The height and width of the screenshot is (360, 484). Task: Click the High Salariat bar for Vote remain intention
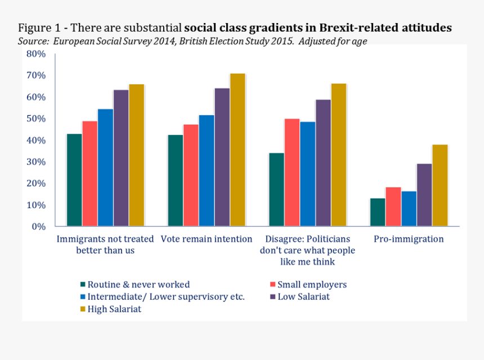tap(237, 150)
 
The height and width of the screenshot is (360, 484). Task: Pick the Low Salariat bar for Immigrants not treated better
tap(120, 158)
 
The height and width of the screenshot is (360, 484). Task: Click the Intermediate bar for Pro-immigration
tap(409, 209)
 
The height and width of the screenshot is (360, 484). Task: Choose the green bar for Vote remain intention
tap(175, 181)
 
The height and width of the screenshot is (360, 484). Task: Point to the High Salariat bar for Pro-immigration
tap(440, 186)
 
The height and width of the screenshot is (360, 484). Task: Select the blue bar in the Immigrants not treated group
tap(105, 168)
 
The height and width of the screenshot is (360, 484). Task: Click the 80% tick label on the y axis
tap(35, 54)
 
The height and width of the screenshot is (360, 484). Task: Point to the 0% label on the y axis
tap(38, 227)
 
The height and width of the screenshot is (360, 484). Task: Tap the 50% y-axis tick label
tap(35, 119)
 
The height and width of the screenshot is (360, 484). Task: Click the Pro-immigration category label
tap(409, 239)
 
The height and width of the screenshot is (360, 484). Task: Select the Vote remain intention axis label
tap(207, 239)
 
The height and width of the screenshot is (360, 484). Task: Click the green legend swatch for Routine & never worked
tap(82, 285)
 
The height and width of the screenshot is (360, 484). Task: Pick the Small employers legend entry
tap(312, 285)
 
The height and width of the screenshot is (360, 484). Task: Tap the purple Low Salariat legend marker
tap(272, 296)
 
